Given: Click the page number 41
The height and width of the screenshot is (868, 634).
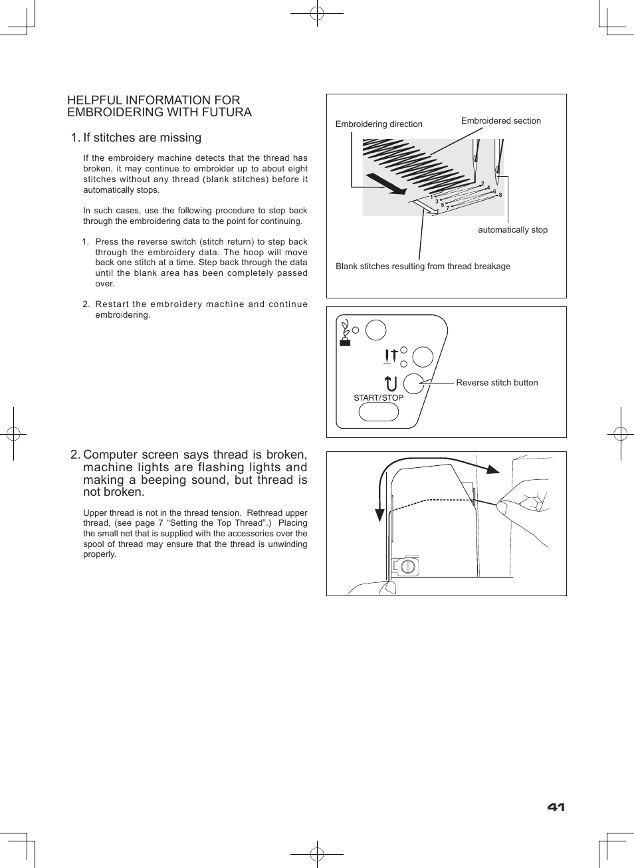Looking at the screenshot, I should [556, 807].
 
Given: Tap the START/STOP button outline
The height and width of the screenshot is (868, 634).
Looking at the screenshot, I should [378, 412].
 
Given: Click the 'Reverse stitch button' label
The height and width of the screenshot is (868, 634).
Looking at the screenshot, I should [496, 383].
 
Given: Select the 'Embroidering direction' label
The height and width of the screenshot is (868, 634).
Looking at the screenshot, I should [379, 124].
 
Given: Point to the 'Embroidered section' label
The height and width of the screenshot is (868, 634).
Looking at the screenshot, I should [500, 121].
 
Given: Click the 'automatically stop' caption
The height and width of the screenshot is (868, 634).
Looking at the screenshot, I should [512, 230].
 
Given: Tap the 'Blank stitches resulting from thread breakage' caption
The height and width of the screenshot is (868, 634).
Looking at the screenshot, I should [423, 267].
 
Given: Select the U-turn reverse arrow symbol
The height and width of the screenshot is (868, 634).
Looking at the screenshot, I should [391, 383].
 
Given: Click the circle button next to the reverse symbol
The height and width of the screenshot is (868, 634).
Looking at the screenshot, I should [413, 383].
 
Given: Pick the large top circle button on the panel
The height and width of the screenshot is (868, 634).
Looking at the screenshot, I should [376, 330].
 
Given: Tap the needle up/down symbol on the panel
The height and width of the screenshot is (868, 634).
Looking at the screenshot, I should [391, 357].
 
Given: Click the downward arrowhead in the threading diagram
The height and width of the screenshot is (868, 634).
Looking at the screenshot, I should [379, 515].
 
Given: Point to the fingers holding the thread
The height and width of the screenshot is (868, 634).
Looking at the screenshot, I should [522, 505].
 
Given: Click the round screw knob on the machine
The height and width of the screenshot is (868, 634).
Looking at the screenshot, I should [408, 566].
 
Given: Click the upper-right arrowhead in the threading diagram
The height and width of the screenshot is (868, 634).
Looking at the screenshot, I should [492, 469].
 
